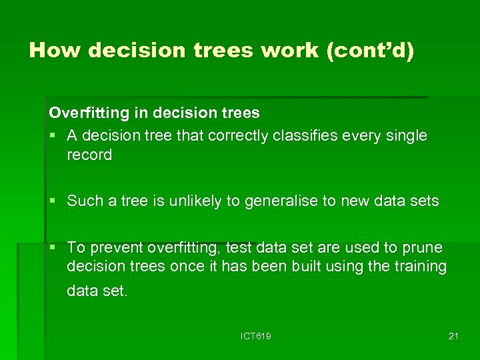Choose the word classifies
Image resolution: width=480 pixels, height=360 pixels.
pyautogui.click(x=310, y=136)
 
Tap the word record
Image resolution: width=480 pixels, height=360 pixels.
pyautogui.click(x=89, y=155)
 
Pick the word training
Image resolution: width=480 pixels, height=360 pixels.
pyautogui.click(x=419, y=267)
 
